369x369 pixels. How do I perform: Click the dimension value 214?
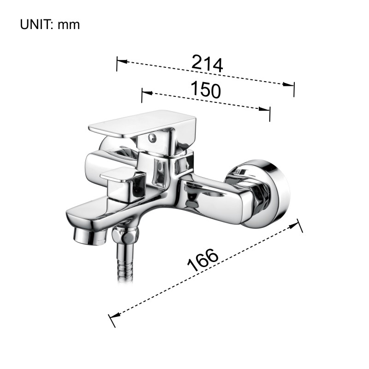(207, 63)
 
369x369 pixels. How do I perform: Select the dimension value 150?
(206, 89)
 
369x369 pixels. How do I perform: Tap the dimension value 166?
(203, 260)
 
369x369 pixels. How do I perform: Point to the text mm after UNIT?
(69, 26)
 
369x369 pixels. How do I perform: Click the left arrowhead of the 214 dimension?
(122, 61)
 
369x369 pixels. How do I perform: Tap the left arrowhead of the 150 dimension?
(147, 93)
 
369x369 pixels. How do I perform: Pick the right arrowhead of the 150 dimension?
(264, 109)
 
